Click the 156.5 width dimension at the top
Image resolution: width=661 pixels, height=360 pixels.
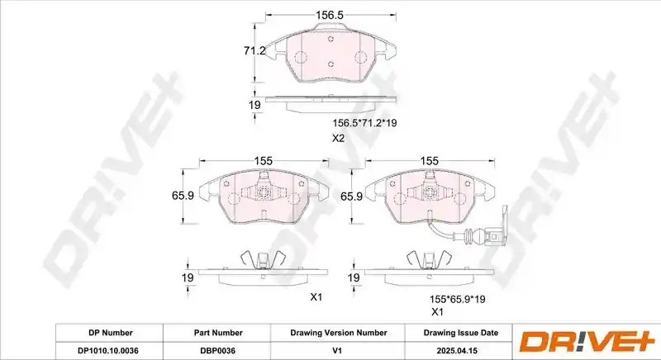coord(330,15)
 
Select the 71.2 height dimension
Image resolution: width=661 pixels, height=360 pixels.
coord(254,51)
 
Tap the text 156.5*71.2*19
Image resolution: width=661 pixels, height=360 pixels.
coord(365,123)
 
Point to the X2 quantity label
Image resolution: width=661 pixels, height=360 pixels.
coord(339,138)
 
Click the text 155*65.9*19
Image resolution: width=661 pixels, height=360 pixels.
coord(458,300)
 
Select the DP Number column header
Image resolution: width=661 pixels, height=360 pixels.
coord(111,333)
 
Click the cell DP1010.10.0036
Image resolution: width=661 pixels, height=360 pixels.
coord(108,350)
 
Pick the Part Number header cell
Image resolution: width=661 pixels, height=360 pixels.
coord(218,333)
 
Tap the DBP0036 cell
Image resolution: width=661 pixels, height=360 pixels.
coord(218,350)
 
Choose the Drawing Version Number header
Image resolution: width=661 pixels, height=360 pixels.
coord(339,333)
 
